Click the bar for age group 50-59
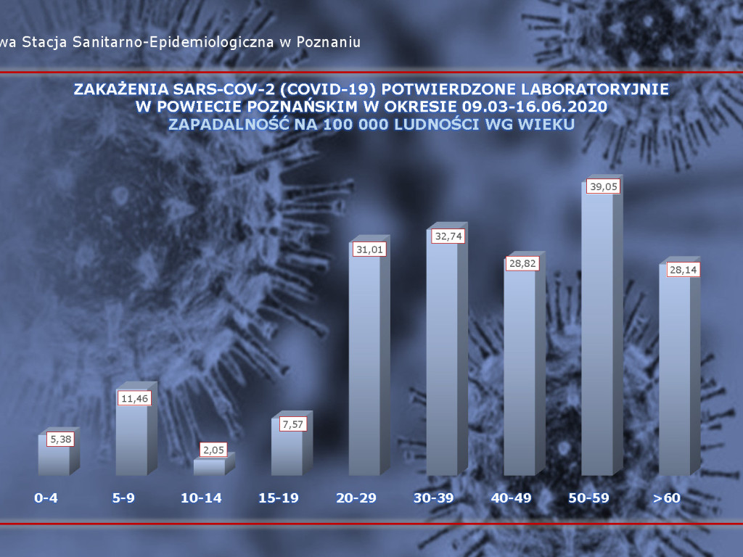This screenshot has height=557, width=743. tap(597, 341)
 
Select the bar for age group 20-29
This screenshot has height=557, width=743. tap(364, 363)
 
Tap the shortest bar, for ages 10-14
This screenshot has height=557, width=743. tap(209, 468)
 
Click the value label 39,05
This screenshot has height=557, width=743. tap(600, 186)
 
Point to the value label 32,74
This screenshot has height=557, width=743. tap(445, 236)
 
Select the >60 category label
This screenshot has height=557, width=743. tap(666, 498)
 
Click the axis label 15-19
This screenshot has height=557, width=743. tap(279, 498)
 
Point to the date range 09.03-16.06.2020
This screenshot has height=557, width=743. tap(533, 107)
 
